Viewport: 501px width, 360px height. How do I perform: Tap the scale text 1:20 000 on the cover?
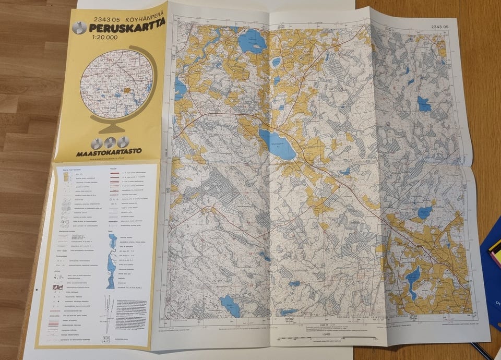tap(103, 37)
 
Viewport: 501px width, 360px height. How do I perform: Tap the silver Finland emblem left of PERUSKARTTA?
tap(79, 28)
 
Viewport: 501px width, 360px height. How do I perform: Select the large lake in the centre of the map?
tap(277, 145)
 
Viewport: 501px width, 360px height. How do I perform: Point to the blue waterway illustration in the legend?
tap(111, 261)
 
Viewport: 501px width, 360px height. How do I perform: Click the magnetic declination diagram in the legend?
tap(109, 313)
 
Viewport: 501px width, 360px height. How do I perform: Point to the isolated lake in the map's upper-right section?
tap(423, 104)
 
